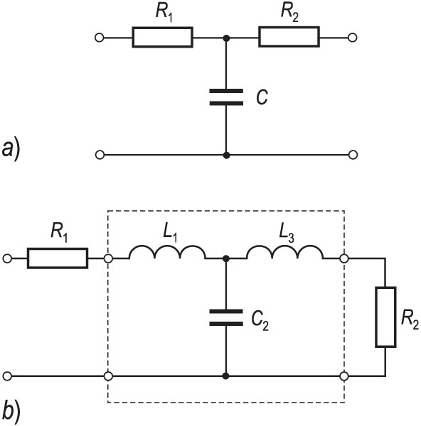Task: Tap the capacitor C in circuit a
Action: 226,97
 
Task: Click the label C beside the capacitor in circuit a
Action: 262,97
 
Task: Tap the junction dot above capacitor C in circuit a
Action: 226,38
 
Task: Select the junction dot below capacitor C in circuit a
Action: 226,155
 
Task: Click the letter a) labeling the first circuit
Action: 11,150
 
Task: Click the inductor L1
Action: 167,252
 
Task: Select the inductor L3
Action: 285,252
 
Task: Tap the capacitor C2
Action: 226,317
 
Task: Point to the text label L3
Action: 287,234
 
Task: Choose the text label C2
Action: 260,322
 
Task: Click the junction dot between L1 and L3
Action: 225,259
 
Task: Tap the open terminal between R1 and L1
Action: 108,258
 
